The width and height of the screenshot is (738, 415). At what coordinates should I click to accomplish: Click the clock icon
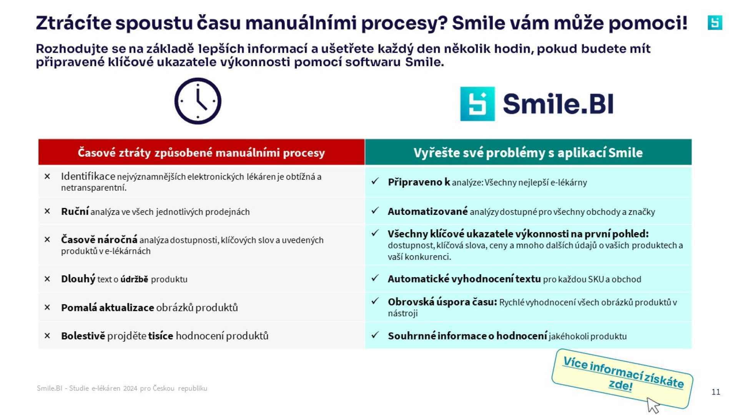[198, 101]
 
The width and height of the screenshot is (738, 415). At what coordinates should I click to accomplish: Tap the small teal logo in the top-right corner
[715, 23]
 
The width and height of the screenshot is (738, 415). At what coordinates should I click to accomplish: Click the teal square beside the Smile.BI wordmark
[477, 104]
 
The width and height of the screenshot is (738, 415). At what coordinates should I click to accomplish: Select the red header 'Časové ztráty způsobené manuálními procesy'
[201, 153]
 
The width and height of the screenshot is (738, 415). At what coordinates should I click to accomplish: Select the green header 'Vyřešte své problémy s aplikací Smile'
[528, 153]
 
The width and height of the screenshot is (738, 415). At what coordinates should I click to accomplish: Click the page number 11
[716, 392]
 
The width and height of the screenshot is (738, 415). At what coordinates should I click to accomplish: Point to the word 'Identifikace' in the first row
[88, 176]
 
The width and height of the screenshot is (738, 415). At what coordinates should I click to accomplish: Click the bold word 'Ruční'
[75, 211]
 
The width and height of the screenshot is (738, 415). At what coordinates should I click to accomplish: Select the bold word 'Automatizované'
[427, 211]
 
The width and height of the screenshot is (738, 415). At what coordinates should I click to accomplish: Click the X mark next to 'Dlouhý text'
[47, 279]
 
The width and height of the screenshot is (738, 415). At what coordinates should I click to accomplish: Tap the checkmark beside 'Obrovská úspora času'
[375, 301]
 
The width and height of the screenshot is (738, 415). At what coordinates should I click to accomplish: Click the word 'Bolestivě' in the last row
[83, 336]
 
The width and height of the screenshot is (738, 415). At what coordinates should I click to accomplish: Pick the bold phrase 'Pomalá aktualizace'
[107, 307]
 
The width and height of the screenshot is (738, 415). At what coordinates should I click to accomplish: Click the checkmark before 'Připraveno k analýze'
[375, 181]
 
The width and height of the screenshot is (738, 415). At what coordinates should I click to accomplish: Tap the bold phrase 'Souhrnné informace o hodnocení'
[467, 336]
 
